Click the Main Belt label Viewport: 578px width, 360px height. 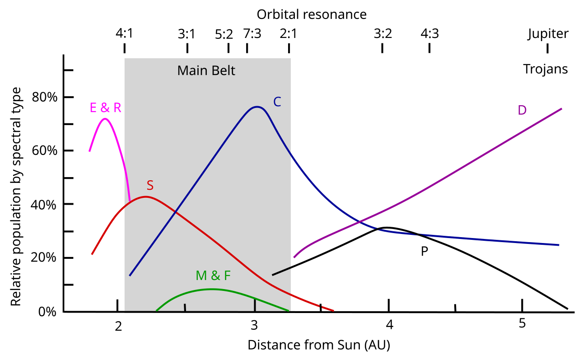(x=206, y=71)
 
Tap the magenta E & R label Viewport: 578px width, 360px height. (x=106, y=108)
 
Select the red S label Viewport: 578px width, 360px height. (x=150, y=186)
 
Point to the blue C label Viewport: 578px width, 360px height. (x=277, y=102)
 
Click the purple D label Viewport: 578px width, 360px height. (x=522, y=110)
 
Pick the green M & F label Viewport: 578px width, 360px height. (x=213, y=276)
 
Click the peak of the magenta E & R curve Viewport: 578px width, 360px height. (x=105, y=119)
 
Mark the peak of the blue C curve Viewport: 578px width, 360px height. (x=257, y=107)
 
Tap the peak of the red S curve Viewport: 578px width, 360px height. (x=145, y=196)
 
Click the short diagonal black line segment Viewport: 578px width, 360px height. (x=282, y=271)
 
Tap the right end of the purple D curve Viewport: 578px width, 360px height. (x=561, y=109)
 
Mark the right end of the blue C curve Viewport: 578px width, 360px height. (x=559, y=245)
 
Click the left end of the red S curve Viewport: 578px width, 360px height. (x=92, y=254)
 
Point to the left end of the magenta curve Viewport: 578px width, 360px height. (x=89, y=151)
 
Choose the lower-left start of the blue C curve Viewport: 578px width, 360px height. (x=130, y=275)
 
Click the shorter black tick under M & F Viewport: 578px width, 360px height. (x=185, y=307)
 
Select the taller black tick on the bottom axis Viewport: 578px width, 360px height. (x=255, y=305)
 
